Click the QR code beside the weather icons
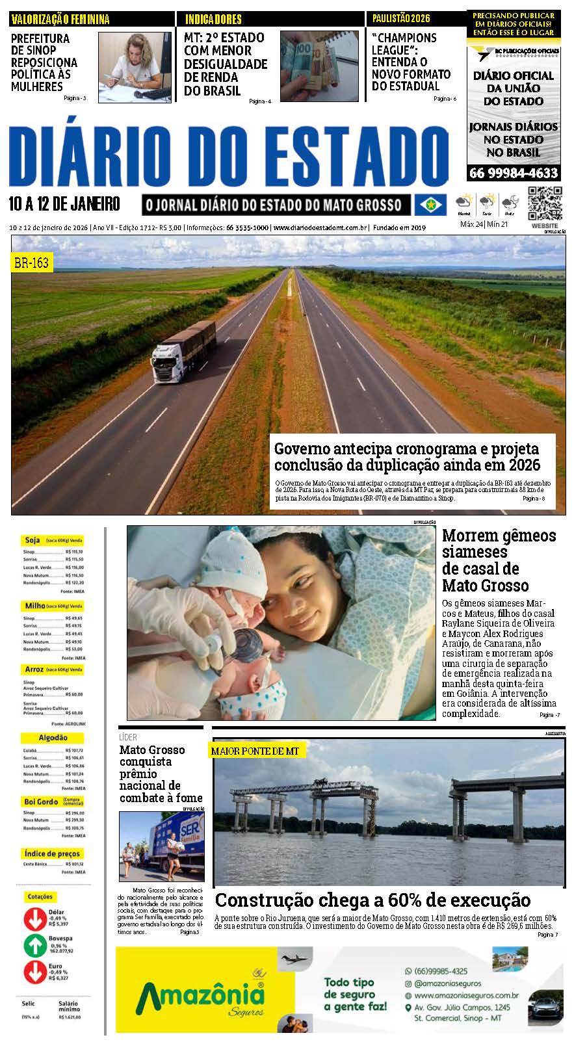click(x=544, y=203)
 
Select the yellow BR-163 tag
click(x=31, y=263)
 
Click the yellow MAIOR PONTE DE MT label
click(x=255, y=751)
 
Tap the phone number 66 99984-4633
click(x=513, y=173)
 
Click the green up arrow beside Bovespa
click(x=34, y=946)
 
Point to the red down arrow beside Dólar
click(x=34, y=918)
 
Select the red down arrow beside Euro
click(x=34, y=972)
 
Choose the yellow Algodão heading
click(x=53, y=738)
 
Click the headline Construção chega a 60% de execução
click(x=372, y=900)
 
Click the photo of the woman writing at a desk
click(x=135, y=67)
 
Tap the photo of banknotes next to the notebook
click(x=319, y=66)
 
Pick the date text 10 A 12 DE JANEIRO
click(x=64, y=204)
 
